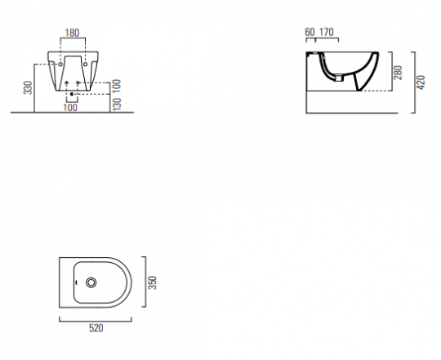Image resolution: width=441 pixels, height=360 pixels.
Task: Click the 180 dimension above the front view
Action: point(72,33)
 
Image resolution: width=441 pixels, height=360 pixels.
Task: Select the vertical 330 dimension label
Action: point(28,87)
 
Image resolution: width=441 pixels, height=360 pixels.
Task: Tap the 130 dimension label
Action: point(117,104)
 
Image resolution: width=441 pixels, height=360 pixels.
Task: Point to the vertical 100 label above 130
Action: point(117,86)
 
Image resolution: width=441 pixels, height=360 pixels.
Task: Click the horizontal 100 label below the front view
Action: point(70,108)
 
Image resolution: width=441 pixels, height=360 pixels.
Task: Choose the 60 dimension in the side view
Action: point(310,32)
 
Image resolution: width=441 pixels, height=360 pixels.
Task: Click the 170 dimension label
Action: point(327,32)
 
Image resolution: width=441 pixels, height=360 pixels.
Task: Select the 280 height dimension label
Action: point(399,73)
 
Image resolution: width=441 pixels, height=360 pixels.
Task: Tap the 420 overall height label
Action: point(421,82)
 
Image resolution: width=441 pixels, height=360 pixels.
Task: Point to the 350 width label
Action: point(152,282)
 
